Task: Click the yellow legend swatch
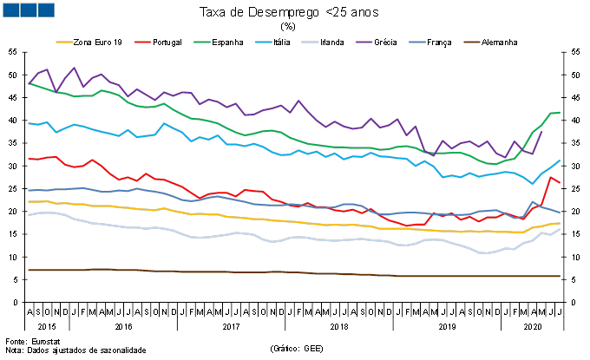[x=64, y=42]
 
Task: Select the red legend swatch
[x=142, y=42]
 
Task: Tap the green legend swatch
[x=201, y=42]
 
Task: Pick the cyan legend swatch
[x=263, y=42]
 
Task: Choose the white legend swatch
[x=310, y=42]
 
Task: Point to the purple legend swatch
[x=364, y=42]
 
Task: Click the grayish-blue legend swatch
[x=417, y=42]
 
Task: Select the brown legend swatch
[x=471, y=42]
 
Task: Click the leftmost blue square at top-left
[x=10, y=10]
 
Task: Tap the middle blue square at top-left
[x=28, y=10]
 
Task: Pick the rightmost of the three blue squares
[x=45, y=10]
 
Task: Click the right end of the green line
[x=560, y=113]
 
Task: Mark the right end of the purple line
[x=542, y=132]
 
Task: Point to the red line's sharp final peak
[x=550, y=177]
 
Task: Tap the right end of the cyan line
[x=560, y=160]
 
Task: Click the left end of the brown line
[x=29, y=270]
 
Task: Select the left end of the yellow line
[x=29, y=201]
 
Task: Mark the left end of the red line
[x=29, y=159]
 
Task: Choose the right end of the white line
[x=560, y=229]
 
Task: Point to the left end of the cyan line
[x=29, y=123]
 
